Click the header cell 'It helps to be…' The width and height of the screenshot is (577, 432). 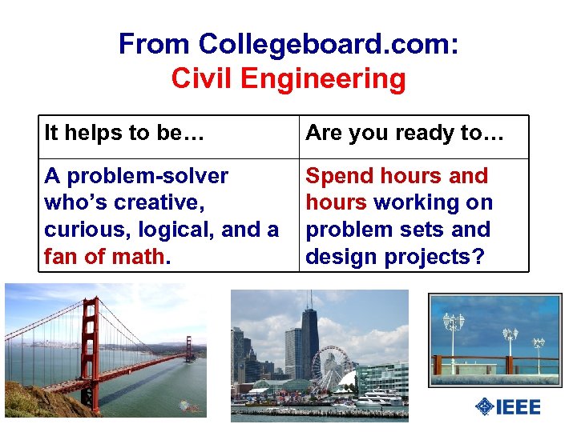pyautogui.click(x=123, y=133)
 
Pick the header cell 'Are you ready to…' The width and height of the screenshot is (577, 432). pyautogui.click(x=405, y=133)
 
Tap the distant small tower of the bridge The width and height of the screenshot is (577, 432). pyautogui.click(x=190, y=349)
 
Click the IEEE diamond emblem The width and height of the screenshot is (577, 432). pyautogui.click(x=484, y=406)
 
